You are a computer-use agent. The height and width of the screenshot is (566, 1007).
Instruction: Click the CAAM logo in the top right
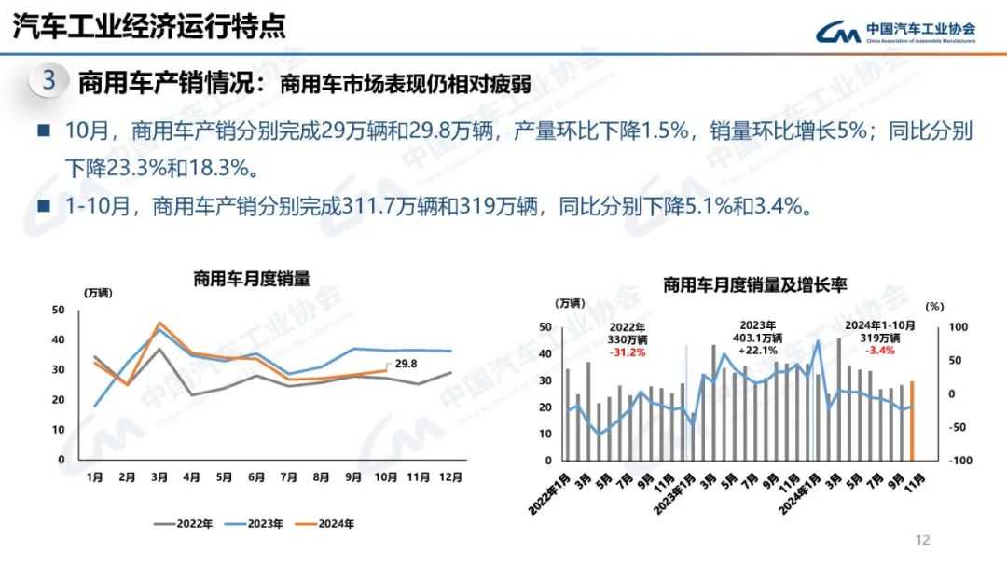pos(895,32)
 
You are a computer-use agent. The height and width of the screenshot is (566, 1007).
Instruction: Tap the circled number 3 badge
pos(49,80)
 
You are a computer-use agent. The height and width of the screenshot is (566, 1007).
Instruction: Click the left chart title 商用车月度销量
pos(251,277)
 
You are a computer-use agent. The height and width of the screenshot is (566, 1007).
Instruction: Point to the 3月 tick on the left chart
pos(159,477)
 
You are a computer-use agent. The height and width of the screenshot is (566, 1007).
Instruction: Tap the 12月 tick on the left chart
pos(450,477)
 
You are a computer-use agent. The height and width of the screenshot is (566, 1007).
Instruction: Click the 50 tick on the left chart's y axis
pos(59,310)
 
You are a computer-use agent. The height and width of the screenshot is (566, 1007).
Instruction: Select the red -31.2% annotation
pos(628,352)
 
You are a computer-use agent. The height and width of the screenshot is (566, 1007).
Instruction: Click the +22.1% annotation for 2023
pos(760,352)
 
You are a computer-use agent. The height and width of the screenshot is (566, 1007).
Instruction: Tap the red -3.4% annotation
pos(880,351)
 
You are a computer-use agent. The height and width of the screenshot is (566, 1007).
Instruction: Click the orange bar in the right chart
pos(912,421)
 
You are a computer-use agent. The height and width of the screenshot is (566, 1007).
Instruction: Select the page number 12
pos(923,539)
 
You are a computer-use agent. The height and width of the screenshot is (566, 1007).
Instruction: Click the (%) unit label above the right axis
pos(934,305)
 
